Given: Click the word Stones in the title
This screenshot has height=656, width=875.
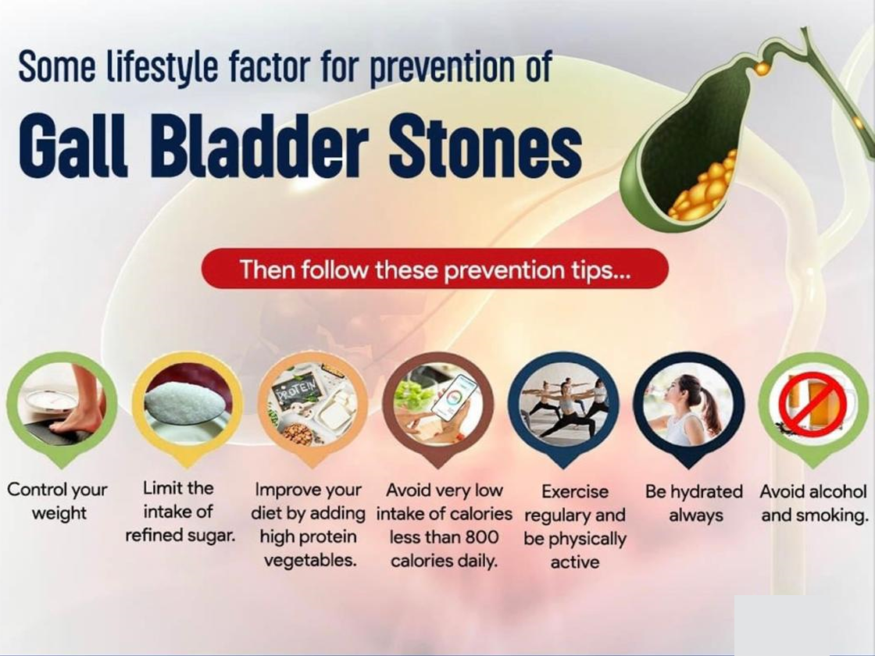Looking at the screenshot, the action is tap(485, 144).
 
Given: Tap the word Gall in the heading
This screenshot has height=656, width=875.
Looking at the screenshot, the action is tap(73, 144).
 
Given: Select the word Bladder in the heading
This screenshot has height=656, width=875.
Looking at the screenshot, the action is tap(259, 144).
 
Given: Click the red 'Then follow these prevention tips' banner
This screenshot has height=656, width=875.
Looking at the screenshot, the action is tap(434, 269).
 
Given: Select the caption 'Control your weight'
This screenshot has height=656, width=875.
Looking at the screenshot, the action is tap(58, 501).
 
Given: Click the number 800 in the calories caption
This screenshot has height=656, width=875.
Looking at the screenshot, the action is tap(482, 537).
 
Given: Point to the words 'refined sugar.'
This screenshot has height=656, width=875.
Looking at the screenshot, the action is tap(180, 536).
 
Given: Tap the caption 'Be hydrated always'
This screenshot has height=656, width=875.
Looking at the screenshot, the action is tap(695, 503).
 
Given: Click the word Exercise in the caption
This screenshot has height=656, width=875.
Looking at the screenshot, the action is tap(575, 491).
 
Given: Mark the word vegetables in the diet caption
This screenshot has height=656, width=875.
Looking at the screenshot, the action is tap(309, 560).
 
